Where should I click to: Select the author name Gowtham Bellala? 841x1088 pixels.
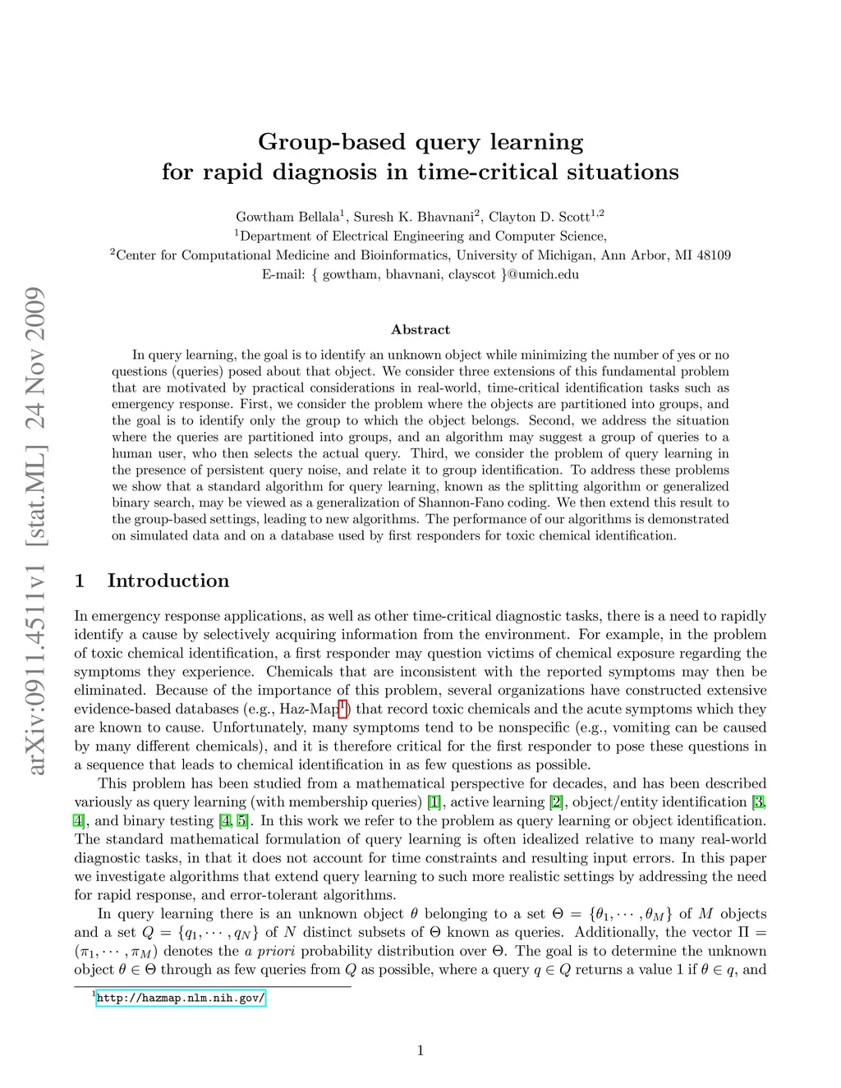tap(287, 217)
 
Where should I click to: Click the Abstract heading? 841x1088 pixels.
tap(420, 329)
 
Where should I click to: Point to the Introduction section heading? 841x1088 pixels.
tap(168, 581)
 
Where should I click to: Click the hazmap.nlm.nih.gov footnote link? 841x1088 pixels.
tap(181, 998)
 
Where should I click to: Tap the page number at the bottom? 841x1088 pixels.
tap(420, 1050)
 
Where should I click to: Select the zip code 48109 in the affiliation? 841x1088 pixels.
tap(713, 255)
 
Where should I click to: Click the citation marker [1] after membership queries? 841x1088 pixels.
tap(434, 802)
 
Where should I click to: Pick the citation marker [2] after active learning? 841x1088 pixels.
tap(557, 802)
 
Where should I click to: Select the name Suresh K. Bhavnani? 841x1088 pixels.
tap(413, 217)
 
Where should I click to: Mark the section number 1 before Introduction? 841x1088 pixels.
tap(80, 581)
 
